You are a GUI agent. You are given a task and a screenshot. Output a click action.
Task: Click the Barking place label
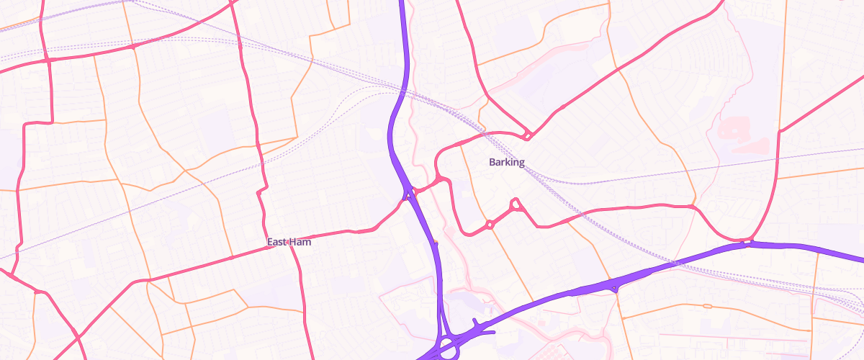pos(507,162)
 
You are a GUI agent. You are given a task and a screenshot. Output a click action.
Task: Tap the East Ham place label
pos(289,242)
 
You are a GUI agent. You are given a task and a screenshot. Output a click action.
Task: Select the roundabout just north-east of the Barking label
pos(528,135)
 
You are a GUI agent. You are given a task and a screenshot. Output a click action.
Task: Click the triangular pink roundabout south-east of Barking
pos(516,205)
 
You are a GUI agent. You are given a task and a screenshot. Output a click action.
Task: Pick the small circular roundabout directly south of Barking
pos(490,225)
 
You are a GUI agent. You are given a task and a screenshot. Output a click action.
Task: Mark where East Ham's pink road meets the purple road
pos(409,194)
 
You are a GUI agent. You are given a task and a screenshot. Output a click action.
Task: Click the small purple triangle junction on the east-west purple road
pos(613,288)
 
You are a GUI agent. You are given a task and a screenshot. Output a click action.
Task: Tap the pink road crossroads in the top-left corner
pos(48,60)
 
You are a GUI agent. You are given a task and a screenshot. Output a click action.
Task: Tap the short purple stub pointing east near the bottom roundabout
pos(491,333)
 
